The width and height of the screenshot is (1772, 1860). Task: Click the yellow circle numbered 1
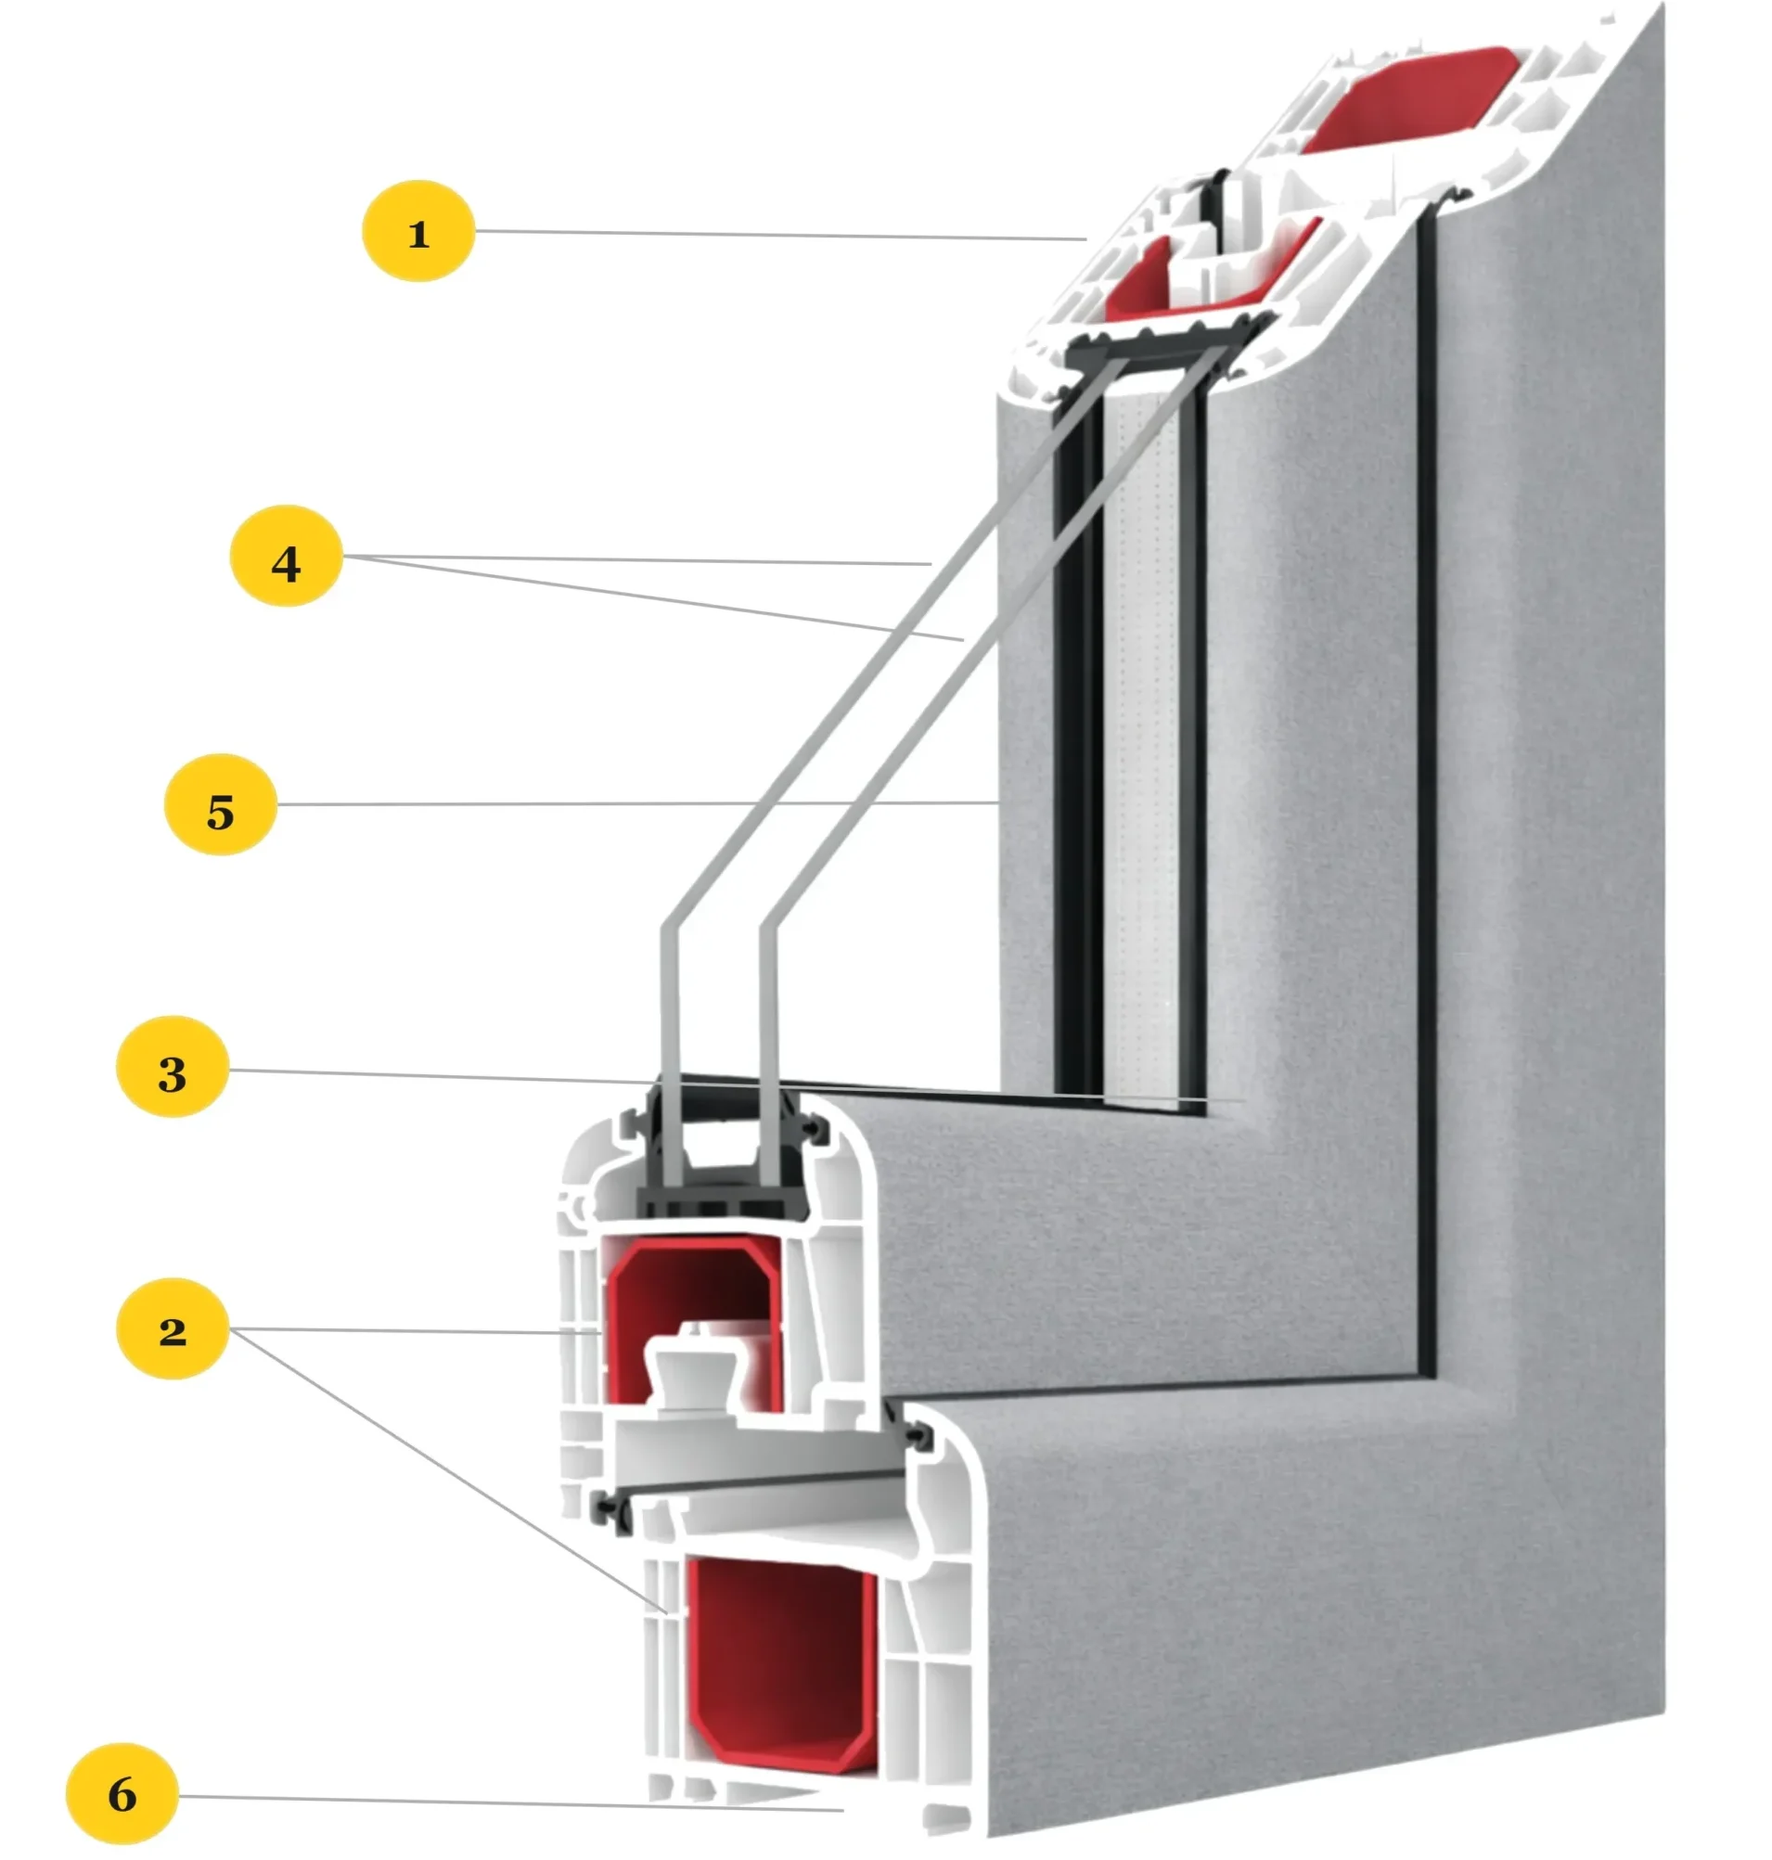coord(418,231)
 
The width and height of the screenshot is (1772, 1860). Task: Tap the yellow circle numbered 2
coord(172,1329)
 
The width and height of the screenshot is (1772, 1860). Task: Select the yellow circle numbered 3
coord(172,1067)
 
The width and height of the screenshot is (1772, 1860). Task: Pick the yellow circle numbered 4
coord(286,557)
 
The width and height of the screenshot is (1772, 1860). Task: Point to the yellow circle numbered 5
coord(220,805)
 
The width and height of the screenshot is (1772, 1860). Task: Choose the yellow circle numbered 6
coord(122,1794)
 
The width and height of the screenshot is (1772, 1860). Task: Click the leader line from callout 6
coord(510,1802)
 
